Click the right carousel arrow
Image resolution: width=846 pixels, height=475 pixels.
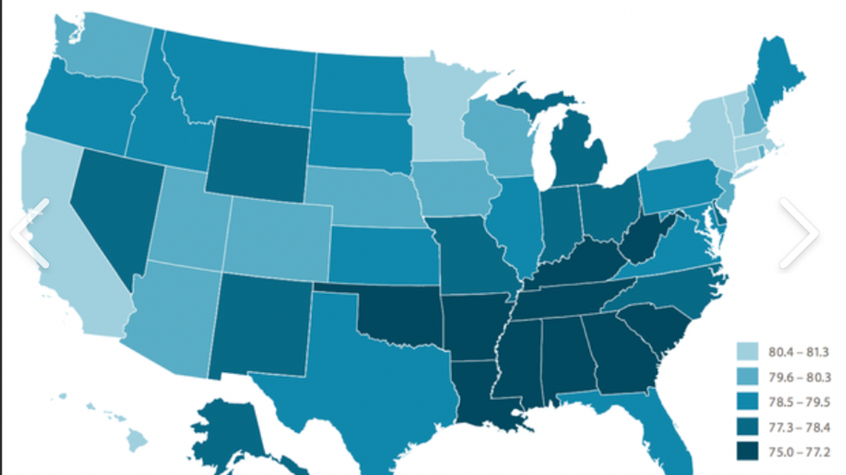coord(799,232)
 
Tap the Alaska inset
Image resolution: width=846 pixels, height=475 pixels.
coord(228,431)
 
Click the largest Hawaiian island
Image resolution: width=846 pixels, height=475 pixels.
coord(138,442)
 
